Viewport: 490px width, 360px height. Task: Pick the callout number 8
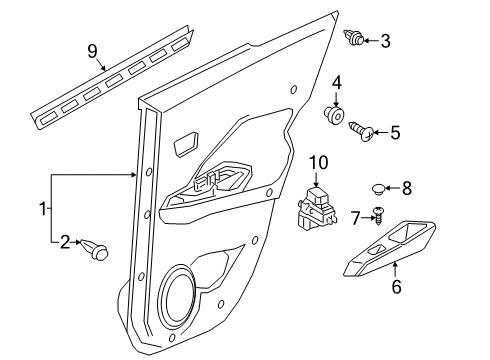tap(406, 186)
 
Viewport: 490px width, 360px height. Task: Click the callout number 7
tap(353, 217)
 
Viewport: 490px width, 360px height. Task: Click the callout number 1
tap(43, 209)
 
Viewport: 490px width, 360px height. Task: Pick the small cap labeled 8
tap(376, 186)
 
